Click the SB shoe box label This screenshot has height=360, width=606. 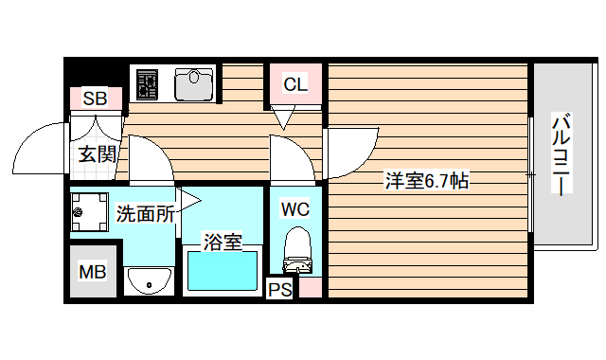(94, 99)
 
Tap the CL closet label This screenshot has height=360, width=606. (295, 84)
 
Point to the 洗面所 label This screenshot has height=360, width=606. (144, 213)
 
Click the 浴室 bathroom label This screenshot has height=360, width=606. (223, 242)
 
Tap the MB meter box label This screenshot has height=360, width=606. (92, 273)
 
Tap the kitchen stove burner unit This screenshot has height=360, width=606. (148, 85)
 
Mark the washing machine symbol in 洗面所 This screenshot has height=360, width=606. (90, 212)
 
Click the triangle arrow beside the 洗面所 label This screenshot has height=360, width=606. (188, 199)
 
